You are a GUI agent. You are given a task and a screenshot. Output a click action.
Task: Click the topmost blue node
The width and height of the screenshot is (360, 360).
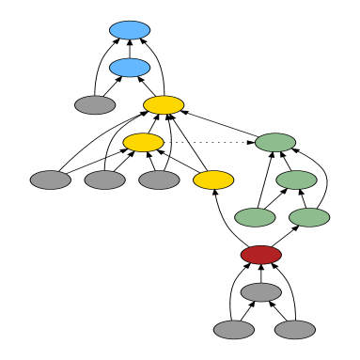tap(130, 30)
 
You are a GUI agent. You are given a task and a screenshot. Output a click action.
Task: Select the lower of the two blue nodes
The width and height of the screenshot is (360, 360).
tap(130, 68)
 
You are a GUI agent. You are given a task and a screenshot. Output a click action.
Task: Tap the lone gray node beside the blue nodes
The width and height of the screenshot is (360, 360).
tap(95, 105)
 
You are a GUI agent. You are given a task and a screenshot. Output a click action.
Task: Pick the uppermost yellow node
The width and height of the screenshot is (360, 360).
tap(164, 105)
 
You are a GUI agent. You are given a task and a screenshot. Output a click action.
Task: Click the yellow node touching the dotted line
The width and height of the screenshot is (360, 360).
tap(143, 143)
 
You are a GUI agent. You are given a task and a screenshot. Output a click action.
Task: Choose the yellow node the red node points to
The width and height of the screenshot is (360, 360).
tap(213, 180)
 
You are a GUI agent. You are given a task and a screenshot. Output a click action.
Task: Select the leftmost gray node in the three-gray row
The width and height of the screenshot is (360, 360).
tap(51, 180)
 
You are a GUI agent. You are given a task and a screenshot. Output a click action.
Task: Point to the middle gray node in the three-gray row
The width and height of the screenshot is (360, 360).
tap(104, 180)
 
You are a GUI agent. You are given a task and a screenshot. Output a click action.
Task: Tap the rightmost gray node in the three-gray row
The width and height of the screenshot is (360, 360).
tap(159, 180)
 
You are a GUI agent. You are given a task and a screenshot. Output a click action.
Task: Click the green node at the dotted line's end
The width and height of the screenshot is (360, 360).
tap(275, 143)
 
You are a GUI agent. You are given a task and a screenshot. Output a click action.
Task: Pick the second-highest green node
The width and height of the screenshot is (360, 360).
tap(296, 180)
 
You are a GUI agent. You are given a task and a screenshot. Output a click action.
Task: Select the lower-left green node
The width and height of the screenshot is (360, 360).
tap(255, 217)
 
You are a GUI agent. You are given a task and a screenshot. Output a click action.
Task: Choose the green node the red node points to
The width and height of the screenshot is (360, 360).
tap(309, 217)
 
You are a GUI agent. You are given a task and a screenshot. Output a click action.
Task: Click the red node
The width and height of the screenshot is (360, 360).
tap(260, 255)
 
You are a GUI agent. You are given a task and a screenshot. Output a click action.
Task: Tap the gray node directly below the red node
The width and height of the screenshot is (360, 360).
tap(260, 292)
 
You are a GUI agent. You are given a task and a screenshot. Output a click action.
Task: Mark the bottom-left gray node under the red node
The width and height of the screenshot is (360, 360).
tap(233, 330)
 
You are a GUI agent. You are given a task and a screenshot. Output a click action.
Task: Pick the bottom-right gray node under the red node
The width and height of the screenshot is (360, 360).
tap(295, 330)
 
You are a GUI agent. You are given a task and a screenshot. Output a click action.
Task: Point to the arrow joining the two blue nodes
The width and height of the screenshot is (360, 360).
tap(130, 49)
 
